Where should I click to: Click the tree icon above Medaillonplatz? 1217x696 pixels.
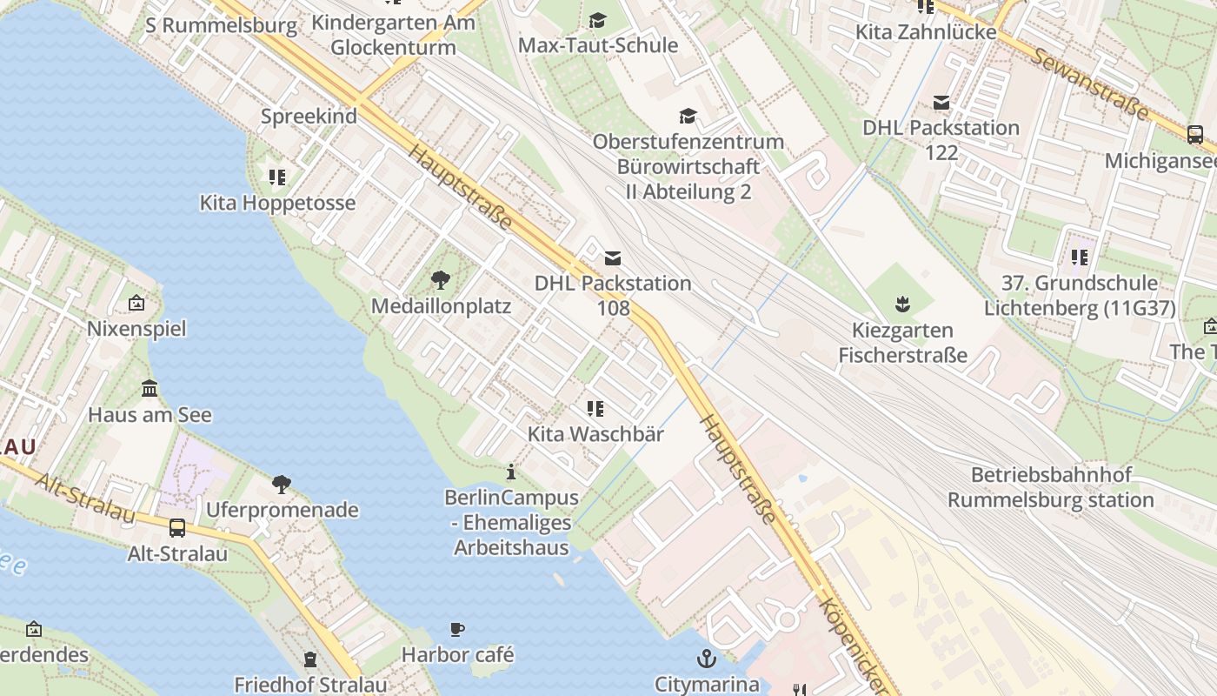click(441, 279)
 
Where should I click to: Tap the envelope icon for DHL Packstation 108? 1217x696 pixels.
click(613, 258)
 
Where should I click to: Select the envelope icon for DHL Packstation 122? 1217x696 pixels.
click(941, 103)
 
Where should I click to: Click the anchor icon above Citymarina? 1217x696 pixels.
click(707, 658)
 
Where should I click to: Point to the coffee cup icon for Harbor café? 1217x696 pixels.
click(457, 629)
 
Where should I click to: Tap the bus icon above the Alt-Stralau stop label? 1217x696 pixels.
click(177, 527)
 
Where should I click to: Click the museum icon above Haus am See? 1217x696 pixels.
click(150, 388)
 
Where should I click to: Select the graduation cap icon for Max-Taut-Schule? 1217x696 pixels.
click(597, 20)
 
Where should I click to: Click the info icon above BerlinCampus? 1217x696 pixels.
click(511, 472)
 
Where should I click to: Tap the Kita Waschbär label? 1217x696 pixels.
click(595, 434)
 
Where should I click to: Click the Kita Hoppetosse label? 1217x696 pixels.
click(277, 203)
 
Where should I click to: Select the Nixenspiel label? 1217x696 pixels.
click(136, 329)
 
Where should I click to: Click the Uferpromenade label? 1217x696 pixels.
click(282, 510)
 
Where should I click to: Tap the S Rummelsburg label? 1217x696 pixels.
click(221, 25)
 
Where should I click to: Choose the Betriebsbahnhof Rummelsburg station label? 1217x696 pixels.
click(1051, 487)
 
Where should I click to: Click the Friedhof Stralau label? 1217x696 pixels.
click(310, 685)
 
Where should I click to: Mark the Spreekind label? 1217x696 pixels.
click(309, 117)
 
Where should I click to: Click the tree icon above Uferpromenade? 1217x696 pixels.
click(282, 484)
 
